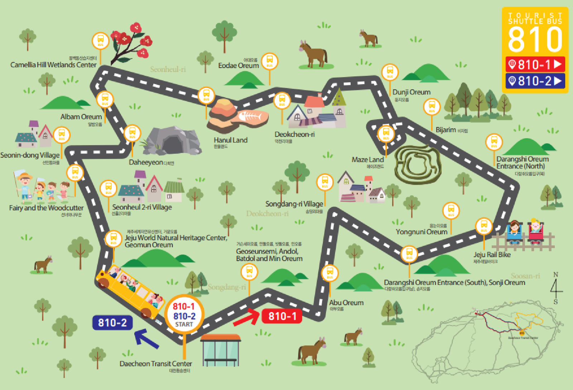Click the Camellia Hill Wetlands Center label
point(53,65)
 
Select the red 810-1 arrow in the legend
point(535,64)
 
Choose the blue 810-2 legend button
point(535,81)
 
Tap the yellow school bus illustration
point(130,291)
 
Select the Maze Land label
point(367,160)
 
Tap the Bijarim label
point(446,130)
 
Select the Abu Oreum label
point(346,303)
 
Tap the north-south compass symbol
point(555,288)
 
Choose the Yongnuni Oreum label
point(422,232)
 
